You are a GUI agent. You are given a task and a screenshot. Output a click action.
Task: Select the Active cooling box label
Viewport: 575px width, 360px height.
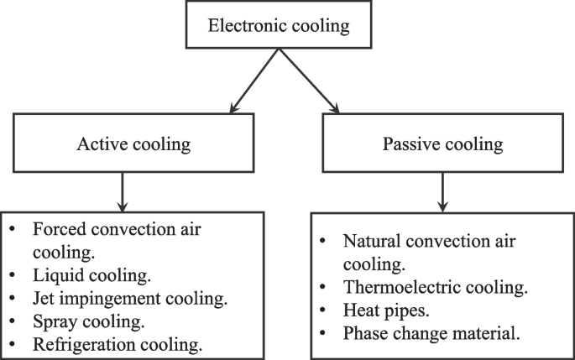(x=133, y=144)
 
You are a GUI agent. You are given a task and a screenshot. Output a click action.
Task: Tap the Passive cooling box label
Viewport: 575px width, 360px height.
(x=442, y=144)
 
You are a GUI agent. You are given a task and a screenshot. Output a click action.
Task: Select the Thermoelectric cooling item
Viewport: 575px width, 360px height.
(x=435, y=288)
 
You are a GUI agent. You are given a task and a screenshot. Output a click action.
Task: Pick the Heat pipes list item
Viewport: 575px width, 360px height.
(x=386, y=310)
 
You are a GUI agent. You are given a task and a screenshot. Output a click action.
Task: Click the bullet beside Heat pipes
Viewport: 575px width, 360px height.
(x=324, y=310)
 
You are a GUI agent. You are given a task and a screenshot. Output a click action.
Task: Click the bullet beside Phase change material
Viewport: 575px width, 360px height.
(x=324, y=333)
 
